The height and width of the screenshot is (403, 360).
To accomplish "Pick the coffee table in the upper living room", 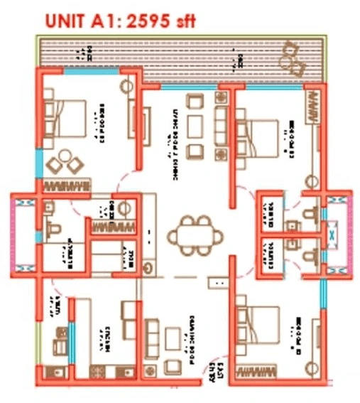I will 195,126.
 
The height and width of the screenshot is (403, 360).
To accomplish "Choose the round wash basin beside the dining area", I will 148,267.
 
